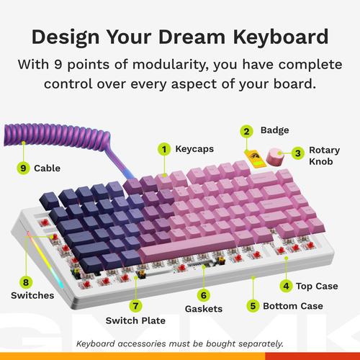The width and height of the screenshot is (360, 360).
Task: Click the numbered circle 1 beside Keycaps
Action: pos(164,149)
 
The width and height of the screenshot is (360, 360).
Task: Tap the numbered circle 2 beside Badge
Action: pos(246,131)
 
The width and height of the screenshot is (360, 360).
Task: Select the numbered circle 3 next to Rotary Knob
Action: pos(297,152)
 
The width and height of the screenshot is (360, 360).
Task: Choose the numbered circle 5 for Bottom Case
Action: pos(253,305)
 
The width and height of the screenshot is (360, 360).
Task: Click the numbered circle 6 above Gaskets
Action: pos(204,294)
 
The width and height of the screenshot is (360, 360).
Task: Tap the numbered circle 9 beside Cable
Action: pos(24,168)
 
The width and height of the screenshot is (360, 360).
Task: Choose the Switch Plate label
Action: pos(136,320)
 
